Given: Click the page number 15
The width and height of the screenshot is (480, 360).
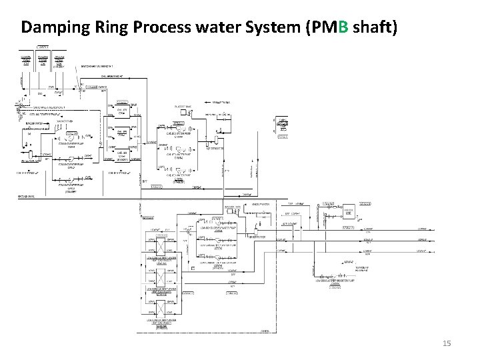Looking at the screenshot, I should pyautogui.click(x=447, y=343).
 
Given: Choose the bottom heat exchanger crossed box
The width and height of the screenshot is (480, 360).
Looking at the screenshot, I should pyautogui.click(x=160, y=309).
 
